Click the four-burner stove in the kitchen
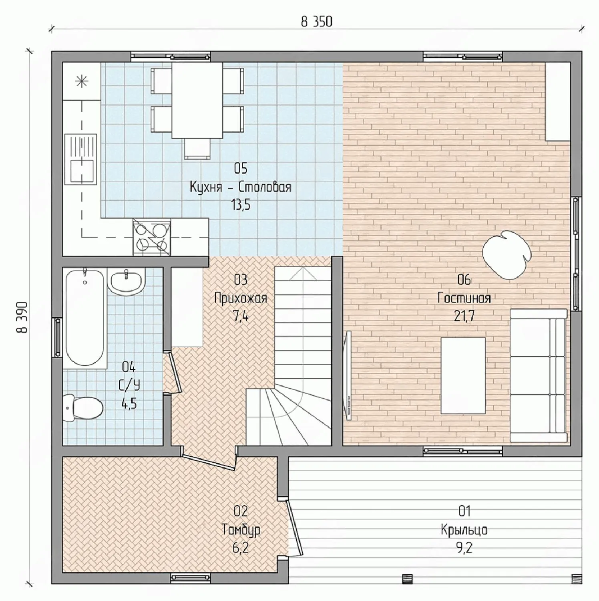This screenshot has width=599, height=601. point(151,237)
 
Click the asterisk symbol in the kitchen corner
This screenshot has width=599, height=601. point(82,82)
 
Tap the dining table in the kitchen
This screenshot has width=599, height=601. point(197,100)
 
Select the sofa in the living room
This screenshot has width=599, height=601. point(539,376)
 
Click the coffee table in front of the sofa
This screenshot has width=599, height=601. point(463,375)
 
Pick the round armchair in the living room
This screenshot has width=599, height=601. point(507,255)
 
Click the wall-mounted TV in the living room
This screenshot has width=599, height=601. point(348,375)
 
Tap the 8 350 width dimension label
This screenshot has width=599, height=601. point(316,22)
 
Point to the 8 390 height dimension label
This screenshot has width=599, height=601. point(22,317)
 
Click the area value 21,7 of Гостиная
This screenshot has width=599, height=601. point(464,317)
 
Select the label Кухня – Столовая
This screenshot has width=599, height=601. point(240,187)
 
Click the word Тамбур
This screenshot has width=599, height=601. point(241,530)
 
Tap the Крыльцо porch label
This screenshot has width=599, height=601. point(464,530)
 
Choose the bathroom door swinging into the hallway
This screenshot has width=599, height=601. point(173,372)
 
